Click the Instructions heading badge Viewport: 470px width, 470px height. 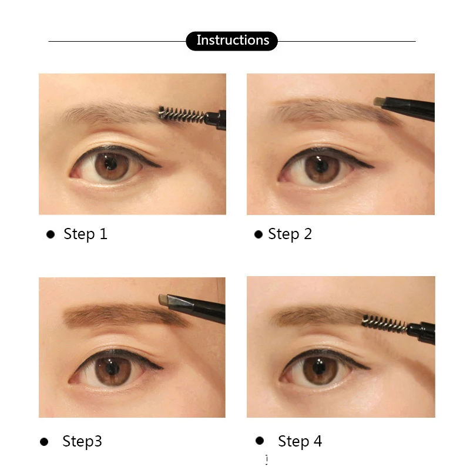(x=231, y=41)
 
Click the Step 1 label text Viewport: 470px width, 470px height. (x=85, y=234)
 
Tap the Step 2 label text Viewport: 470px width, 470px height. (x=290, y=234)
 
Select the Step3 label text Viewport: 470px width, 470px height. (x=82, y=441)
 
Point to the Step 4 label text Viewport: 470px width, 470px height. (x=300, y=441)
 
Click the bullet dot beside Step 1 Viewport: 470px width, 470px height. (x=51, y=234)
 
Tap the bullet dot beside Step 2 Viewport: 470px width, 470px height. (x=258, y=234)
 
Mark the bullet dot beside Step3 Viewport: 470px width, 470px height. (x=43, y=442)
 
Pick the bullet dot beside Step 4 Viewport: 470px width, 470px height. (x=260, y=441)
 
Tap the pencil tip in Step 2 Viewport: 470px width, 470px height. (x=380, y=102)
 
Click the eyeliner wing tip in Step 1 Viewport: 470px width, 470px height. (x=162, y=166)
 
